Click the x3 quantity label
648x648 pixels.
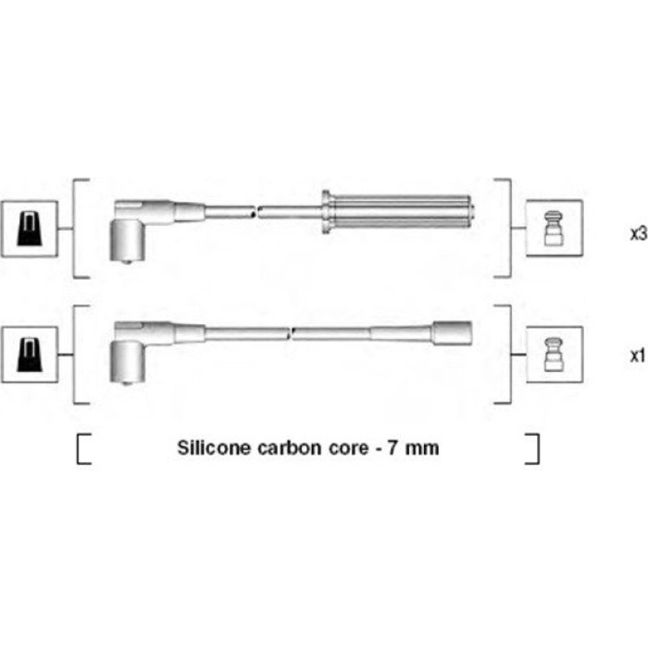(639, 234)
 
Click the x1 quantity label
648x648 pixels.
(638, 355)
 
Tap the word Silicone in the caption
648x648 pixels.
(214, 448)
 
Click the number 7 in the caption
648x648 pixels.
(393, 448)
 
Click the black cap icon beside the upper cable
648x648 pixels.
(30, 229)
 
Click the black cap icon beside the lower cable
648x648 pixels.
(30, 355)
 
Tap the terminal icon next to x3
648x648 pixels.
(554, 228)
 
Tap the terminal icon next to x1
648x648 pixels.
(554, 355)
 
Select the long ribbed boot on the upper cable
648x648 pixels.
(397, 212)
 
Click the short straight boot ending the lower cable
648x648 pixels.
(452, 333)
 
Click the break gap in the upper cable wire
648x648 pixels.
(256, 212)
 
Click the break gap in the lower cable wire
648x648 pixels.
(291, 333)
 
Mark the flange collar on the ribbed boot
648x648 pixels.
(326, 212)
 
